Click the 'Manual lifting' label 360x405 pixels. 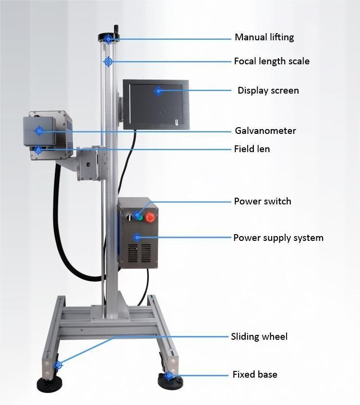pyautogui.click(x=264, y=37)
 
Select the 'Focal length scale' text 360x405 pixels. pyautogui.click(x=272, y=61)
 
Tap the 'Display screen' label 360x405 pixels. pyautogui.click(x=268, y=90)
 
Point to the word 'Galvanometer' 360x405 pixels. pyautogui.click(x=265, y=131)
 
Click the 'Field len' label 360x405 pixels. pyautogui.click(x=252, y=149)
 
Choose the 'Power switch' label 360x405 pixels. pyautogui.click(x=262, y=201)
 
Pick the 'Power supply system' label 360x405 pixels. pyautogui.click(x=278, y=238)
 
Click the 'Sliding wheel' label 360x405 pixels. pyautogui.click(x=259, y=336)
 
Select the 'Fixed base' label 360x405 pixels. pyautogui.click(x=255, y=374)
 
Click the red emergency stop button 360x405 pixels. pyautogui.click(x=150, y=217)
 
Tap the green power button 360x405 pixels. pyautogui.click(x=140, y=217)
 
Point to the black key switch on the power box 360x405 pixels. pyautogui.click(x=129, y=217)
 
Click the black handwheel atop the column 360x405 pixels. pyautogui.click(x=108, y=38)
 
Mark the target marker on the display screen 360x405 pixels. pyautogui.click(x=158, y=91)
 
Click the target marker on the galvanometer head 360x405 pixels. pyautogui.click(x=39, y=131)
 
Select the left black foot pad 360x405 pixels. pyautogui.click(x=49, y=384)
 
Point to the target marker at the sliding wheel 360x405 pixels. pyautogui.click(x=58, y=365)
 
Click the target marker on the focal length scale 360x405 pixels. pyautogui.click(x=108, y=62)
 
